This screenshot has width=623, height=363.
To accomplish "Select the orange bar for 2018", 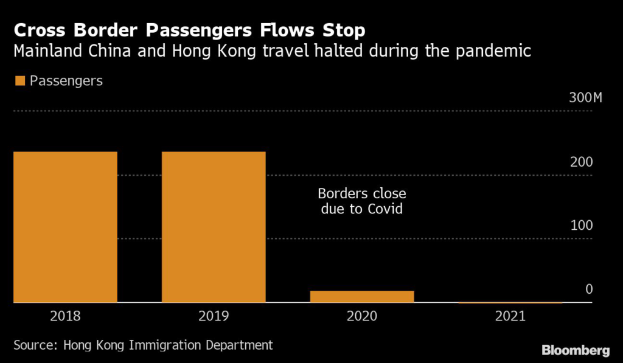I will tap(65, 226).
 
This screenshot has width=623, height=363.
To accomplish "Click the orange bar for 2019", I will tap(213, 226).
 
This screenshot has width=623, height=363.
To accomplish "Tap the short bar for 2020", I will tap(361, 296).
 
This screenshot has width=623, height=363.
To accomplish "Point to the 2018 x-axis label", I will tap(65, 316).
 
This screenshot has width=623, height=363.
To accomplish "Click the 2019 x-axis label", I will tap(213, 316).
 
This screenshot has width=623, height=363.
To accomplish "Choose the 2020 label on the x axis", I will tap(361, 316).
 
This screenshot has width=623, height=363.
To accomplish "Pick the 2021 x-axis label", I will tap(509, 316).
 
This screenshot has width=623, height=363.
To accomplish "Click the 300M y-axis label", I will tap(584, 99).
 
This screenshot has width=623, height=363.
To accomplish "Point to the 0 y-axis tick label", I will tap(589, 289).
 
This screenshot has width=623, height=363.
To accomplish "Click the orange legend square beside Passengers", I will tap(19, 81).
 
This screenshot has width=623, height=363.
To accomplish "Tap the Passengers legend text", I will tap(66, 81).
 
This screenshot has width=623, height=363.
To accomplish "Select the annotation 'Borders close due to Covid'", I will tap(361, 202).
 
